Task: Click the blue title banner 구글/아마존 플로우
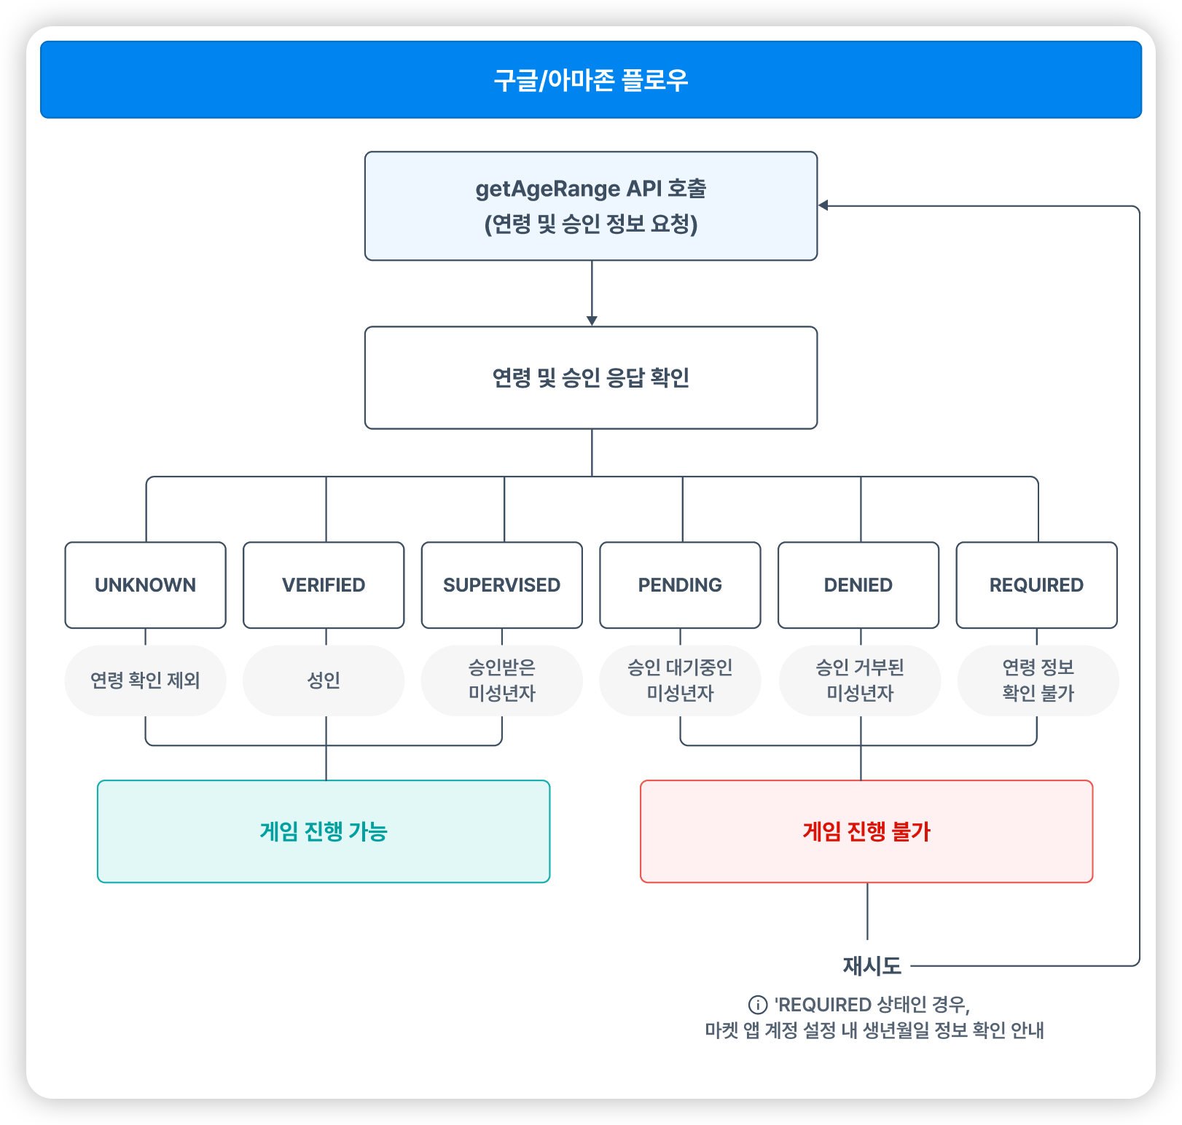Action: click(x=590, y=79)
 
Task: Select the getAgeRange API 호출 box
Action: click(x=590, y=205)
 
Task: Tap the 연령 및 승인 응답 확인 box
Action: click(x=590, y=377)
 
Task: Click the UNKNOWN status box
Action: click(x=145, y=584)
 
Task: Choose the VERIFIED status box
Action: click(x=324, y=584)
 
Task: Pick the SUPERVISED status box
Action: click(x=501, y=584)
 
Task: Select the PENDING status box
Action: click(x=680, y=584)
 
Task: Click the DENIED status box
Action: click(x=858, y=584)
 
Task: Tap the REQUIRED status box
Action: click(x=1036, y=584)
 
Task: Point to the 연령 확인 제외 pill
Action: click(x=145, y=680)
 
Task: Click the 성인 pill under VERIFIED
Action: click(x=324, y=680)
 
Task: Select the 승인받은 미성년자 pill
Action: click(x=501, y=680)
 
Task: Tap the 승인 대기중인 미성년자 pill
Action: click(x=680, y=680)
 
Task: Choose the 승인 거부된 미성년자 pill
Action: click(x=860, y=680)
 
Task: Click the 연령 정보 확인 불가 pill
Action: click(x=1038, y=680)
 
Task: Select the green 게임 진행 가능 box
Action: click(x=324, y=831)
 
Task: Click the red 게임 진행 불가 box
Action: click(x=866, y=831)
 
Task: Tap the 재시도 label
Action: click(x=872, y=965)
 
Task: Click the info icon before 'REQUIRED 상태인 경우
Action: click(x=758, y=1005)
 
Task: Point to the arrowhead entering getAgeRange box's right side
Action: click(x=823, y=205)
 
